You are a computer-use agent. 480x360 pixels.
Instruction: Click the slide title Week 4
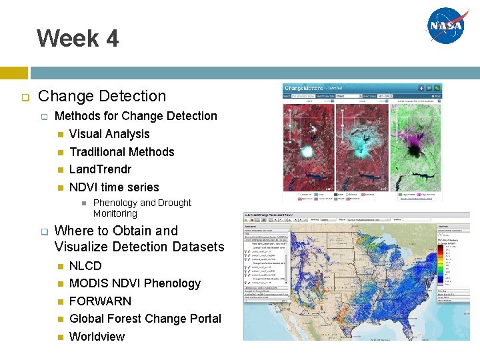pos(78,38)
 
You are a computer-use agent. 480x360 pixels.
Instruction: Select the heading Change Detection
pos(102,96)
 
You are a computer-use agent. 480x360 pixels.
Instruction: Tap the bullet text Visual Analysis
pos(109,134)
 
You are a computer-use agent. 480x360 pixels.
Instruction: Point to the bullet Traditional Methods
pos(121,152)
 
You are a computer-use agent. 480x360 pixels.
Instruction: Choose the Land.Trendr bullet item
pos(100,169)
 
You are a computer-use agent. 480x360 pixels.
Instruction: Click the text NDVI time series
pos(114,187)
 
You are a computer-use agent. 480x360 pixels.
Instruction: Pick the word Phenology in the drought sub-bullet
pos(115,203)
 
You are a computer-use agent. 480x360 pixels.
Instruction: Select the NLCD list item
pos(85,265)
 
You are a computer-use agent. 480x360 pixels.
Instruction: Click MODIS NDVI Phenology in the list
pos(135,283)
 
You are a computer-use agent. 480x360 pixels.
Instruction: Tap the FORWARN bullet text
pos(100,301)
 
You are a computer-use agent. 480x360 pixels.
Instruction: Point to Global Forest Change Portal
pos(145,319)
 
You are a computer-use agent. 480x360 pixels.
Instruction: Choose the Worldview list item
pos(97,337)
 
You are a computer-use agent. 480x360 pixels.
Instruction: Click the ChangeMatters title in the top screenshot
pos(303,87)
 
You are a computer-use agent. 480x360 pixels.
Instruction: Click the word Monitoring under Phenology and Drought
pos(115,214)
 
